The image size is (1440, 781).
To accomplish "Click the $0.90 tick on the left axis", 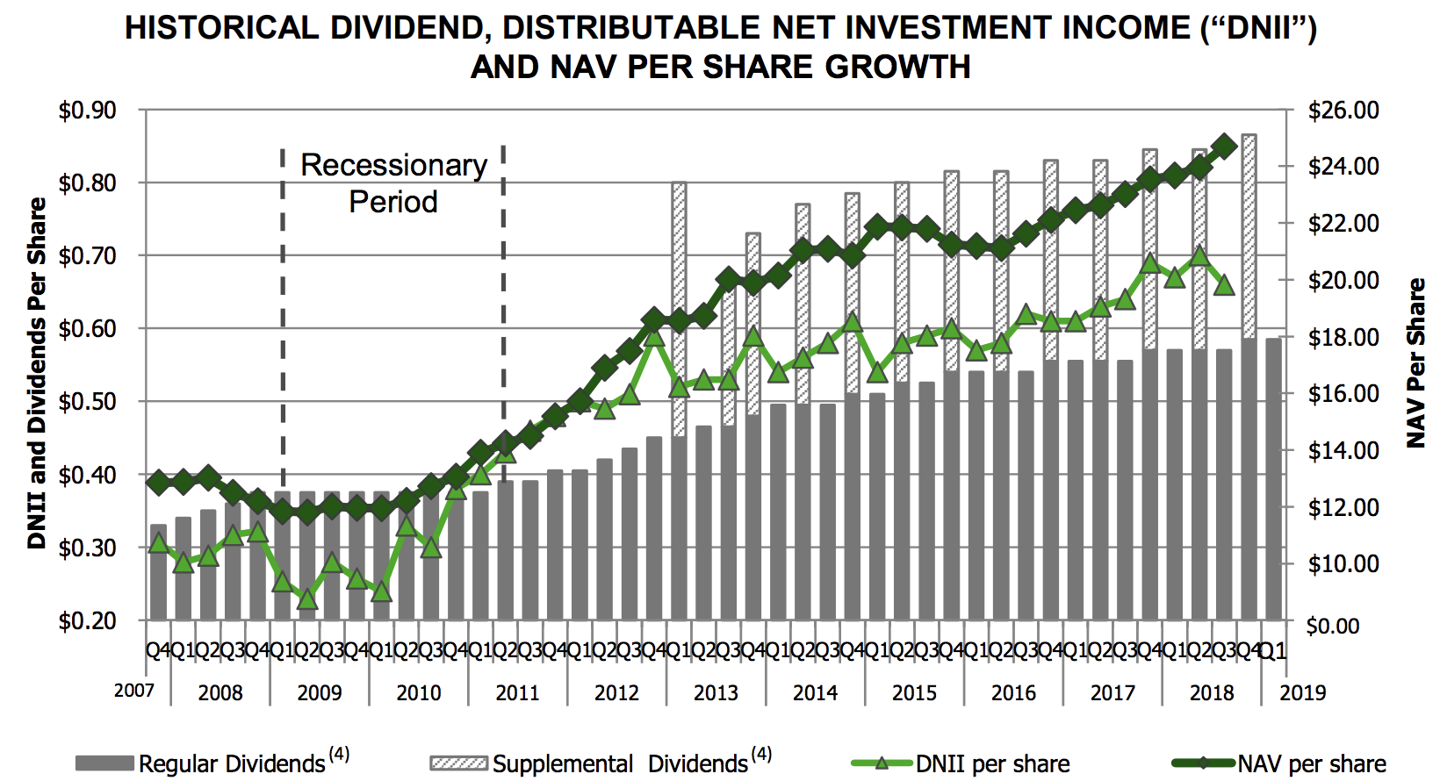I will pyautogui.click(x=87, y=111).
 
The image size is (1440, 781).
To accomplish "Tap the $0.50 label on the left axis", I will pyautogui.click(x=87, y=402).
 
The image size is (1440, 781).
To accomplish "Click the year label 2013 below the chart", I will pyautogui.click(x=716, y=693).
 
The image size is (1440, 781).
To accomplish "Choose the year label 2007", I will pyautogui.click(x=133, y=691).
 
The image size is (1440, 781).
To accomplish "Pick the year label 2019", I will pyautogui.click(x=1302, y=693).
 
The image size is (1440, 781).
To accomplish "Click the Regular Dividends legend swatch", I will pyautogui.click(x=105, y=763).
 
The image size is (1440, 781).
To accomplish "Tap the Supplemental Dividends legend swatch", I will pyautogui.click(x=458, y=763).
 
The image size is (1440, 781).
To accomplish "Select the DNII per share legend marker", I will pyautogui.click(x=882, y=763).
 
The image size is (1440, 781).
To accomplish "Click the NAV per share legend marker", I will pyautogui.click(x=1204, y=763).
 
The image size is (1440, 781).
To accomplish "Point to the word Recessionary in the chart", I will pyautogui.click(x=393, y=165).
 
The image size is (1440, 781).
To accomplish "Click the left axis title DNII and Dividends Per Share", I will pyautogui.click(x=37, y=373).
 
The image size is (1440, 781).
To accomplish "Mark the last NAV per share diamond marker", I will pyautogui.click(x=1224, y=146).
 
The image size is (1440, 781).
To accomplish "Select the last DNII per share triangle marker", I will pyautogui.click(x=1224, y=284).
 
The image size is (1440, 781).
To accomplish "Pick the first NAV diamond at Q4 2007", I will pyautogui.click(x=158, y=482).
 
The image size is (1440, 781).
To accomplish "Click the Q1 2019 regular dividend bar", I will pyautogui.click(x=1273, y=479).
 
